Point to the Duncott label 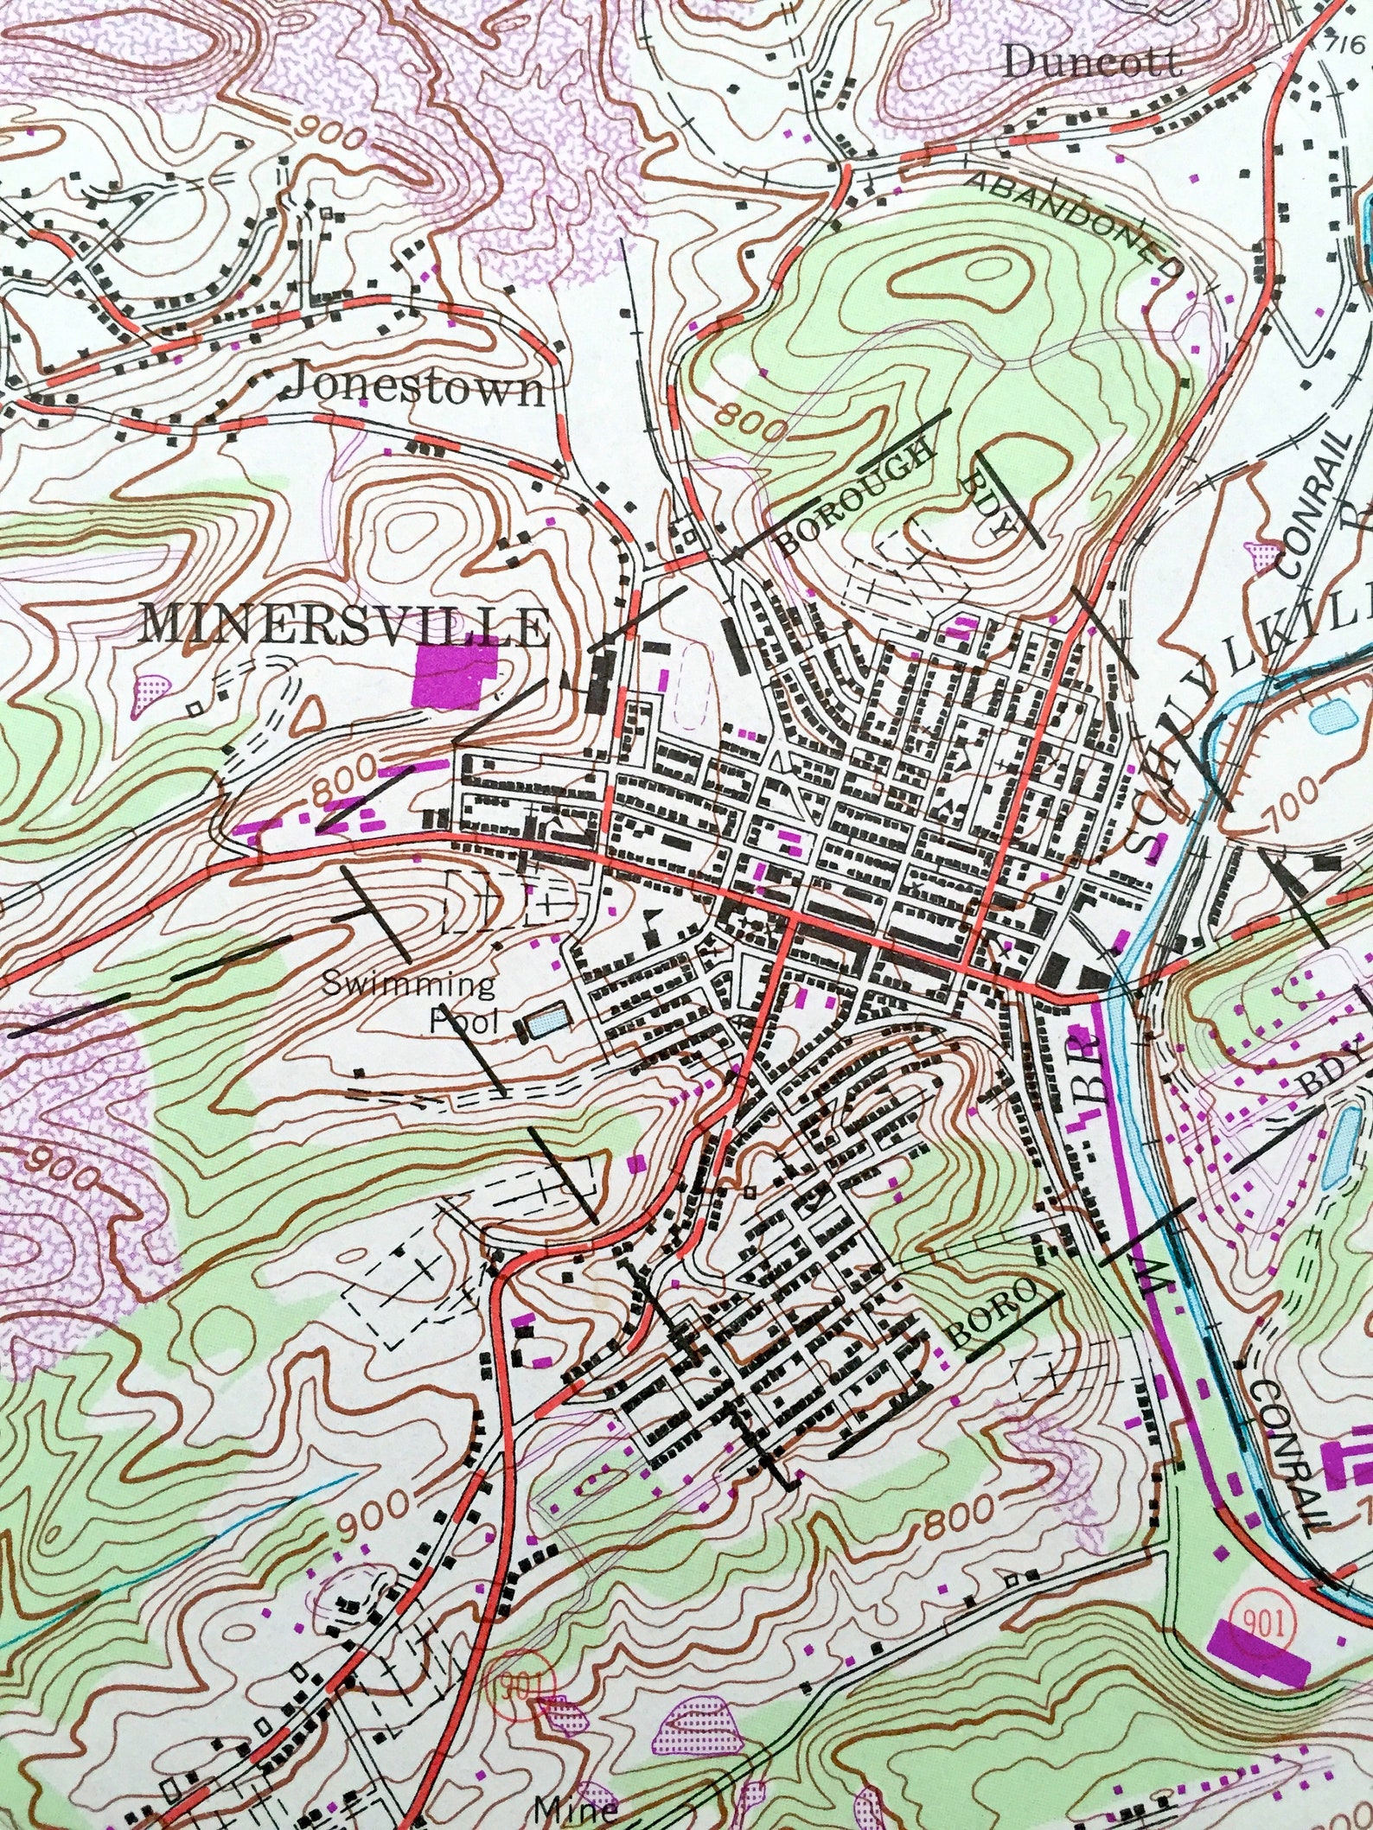coord(1093,62)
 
